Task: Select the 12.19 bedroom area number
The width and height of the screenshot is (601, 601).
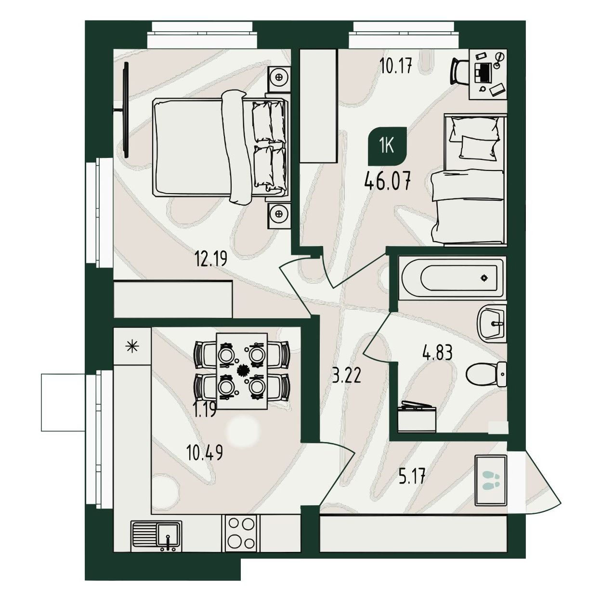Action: pyautogui.click(x=210, y=259)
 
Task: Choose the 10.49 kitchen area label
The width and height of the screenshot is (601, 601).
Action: pyautogui.click(x=205, y=453)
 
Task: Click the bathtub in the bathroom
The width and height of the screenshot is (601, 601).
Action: pyautogui.click(x=452, y=278)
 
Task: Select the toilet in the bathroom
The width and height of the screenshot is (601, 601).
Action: pyautogui.click(x=486, y=374)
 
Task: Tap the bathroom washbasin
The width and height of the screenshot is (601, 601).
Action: pyautogui.click(x=492, y=324)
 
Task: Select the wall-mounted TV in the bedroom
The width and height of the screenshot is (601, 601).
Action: pyautogui.click(x=125, y=110)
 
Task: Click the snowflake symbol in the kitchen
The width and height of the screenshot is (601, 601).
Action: pyautogui.click(x=132, y=347)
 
